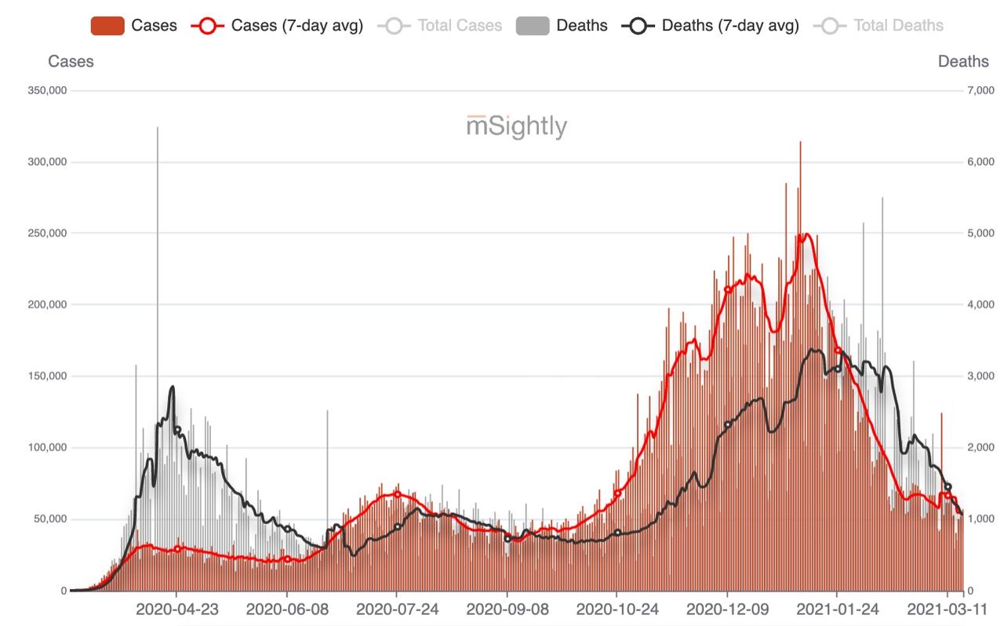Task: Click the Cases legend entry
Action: (133, 26)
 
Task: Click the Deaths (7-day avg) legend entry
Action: (711, 26)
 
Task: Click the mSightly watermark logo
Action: (516, 126)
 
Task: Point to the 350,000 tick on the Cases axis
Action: (46, 91)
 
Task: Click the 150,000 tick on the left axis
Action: (46, 377)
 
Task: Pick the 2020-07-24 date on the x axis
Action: (396, 610)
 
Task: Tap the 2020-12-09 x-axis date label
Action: (727, 610)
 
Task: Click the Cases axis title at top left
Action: (71, 61)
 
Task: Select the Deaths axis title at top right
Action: (963, 61)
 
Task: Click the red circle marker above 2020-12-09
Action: (728, 289)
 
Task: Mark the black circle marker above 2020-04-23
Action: (177, 429)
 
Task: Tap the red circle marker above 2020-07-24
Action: (397, 494)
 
